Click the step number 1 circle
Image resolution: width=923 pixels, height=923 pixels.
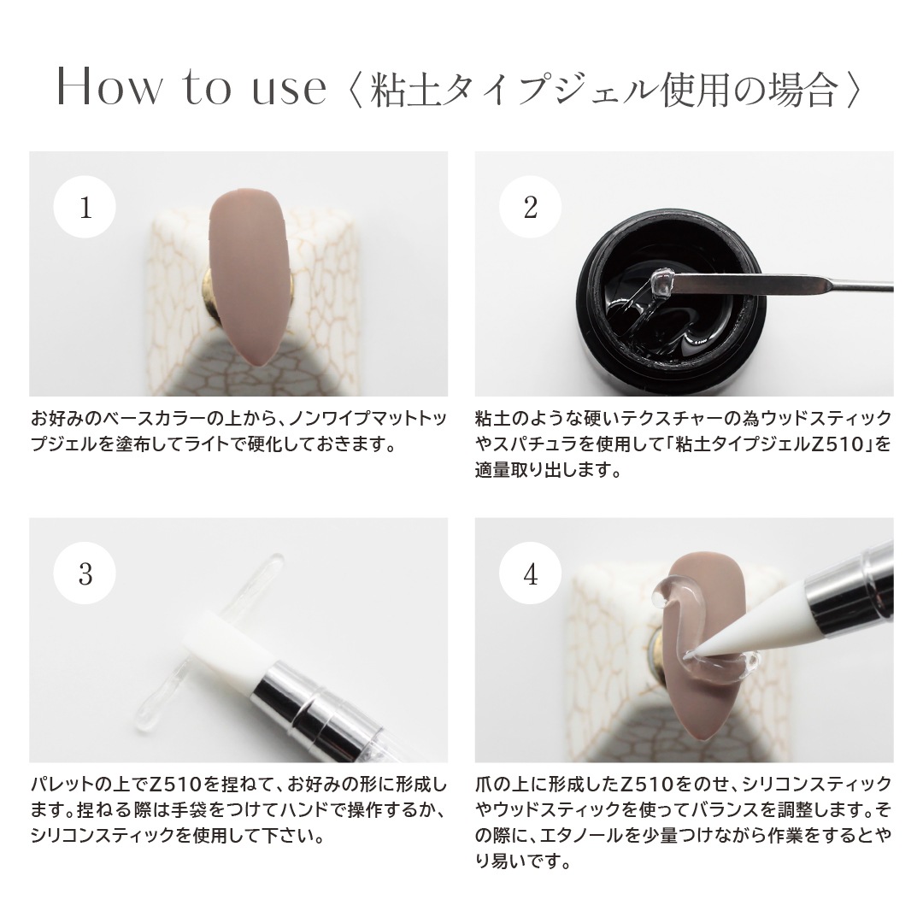[85, 209]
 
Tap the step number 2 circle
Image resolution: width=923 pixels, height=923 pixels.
[531, 209]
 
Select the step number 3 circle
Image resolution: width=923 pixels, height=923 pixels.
[85, 575]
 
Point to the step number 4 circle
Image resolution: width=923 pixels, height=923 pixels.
[531, 575]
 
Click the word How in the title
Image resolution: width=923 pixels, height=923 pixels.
[108, 89]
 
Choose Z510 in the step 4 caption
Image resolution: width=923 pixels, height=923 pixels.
[651, 784]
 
